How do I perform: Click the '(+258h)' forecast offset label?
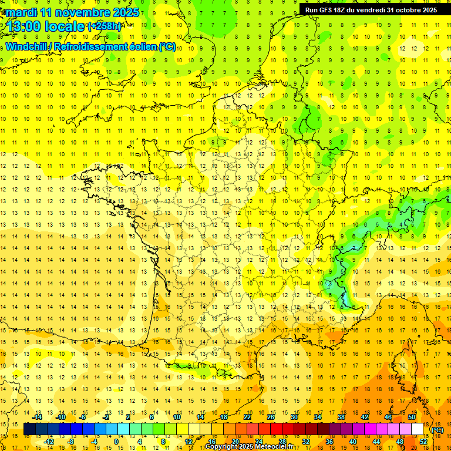[x=105, y=26]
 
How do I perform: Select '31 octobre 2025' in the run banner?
[x=412, y=9]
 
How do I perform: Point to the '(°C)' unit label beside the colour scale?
[x=437, y=430]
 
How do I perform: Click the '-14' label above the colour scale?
[x=38, y=417]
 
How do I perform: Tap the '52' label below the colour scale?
[x=423, y=442]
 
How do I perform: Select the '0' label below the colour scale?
[x=116, y=442]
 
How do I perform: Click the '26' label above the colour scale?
[x=271, y=417]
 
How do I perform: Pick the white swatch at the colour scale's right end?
[x=418, y=429]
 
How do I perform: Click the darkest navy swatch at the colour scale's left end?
[x=29, y=429]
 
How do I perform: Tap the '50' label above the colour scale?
[x=411, y=417]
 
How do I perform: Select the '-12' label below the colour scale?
[x=49, y=442]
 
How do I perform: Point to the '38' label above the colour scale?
[x=341, y=417]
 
